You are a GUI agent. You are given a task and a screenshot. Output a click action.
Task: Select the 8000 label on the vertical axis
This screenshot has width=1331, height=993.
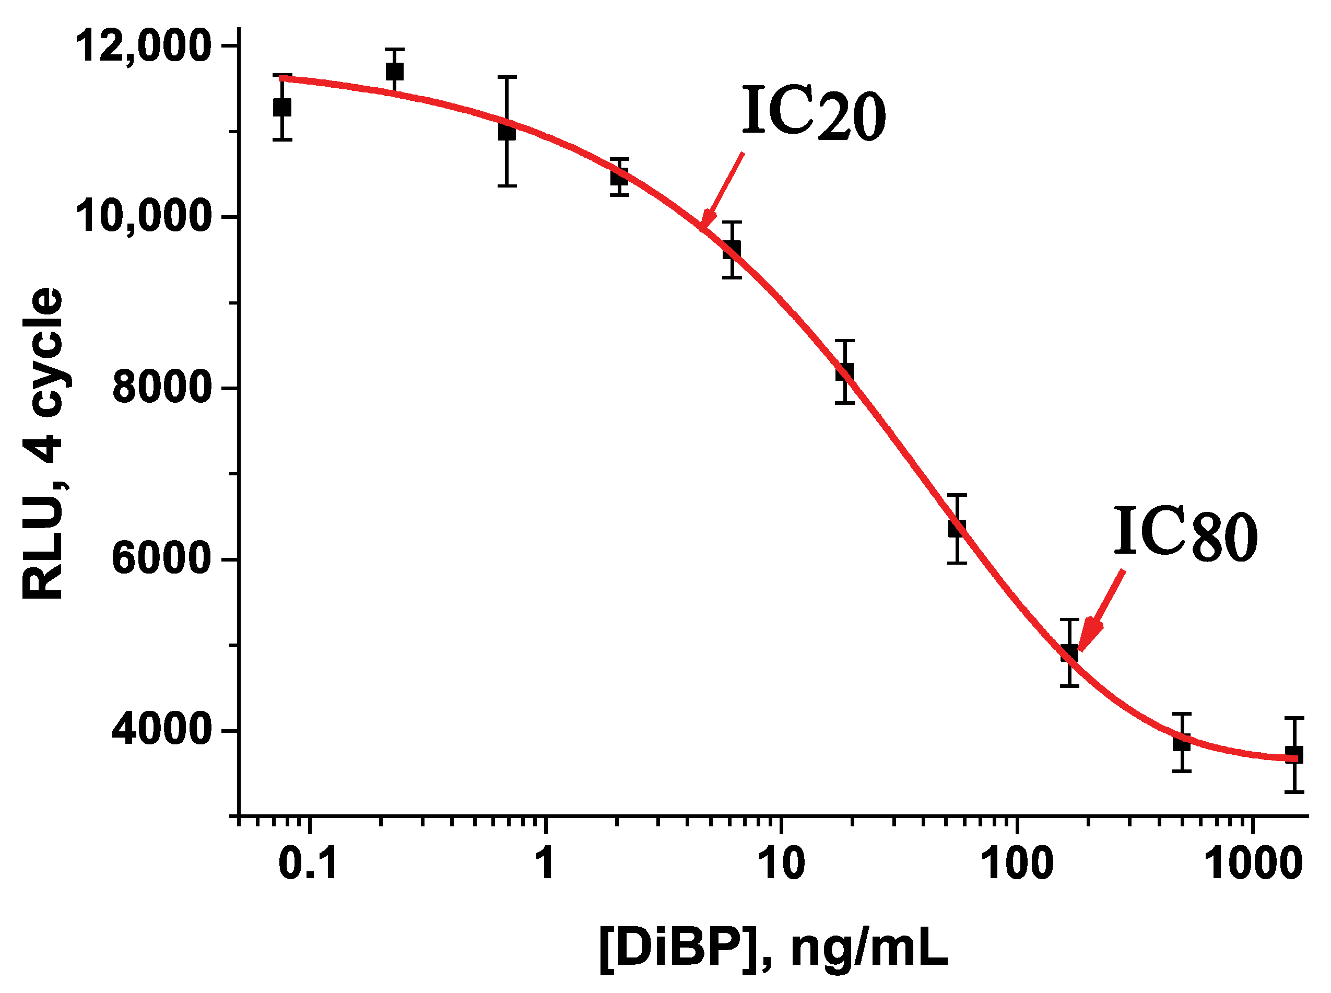[x=161, y=388]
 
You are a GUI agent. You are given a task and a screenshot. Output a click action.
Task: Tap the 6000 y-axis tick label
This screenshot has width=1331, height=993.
[x=161, y=559]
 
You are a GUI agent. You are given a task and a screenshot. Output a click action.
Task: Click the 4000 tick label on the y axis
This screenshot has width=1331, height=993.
[x=161, y=731]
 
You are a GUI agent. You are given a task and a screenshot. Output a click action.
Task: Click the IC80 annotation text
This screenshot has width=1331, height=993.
[x=1185, y=534]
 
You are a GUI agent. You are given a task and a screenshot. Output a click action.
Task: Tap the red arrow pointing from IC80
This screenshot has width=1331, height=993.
[x=1101, y=611]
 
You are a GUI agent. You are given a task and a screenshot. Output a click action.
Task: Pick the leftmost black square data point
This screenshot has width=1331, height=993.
[x=282, y=108]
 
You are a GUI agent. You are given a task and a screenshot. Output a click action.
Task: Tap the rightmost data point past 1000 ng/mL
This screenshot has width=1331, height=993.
[x=1294, y=755]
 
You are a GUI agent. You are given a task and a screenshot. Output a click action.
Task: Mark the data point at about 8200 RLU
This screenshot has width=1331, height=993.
[x=844, y=372]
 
